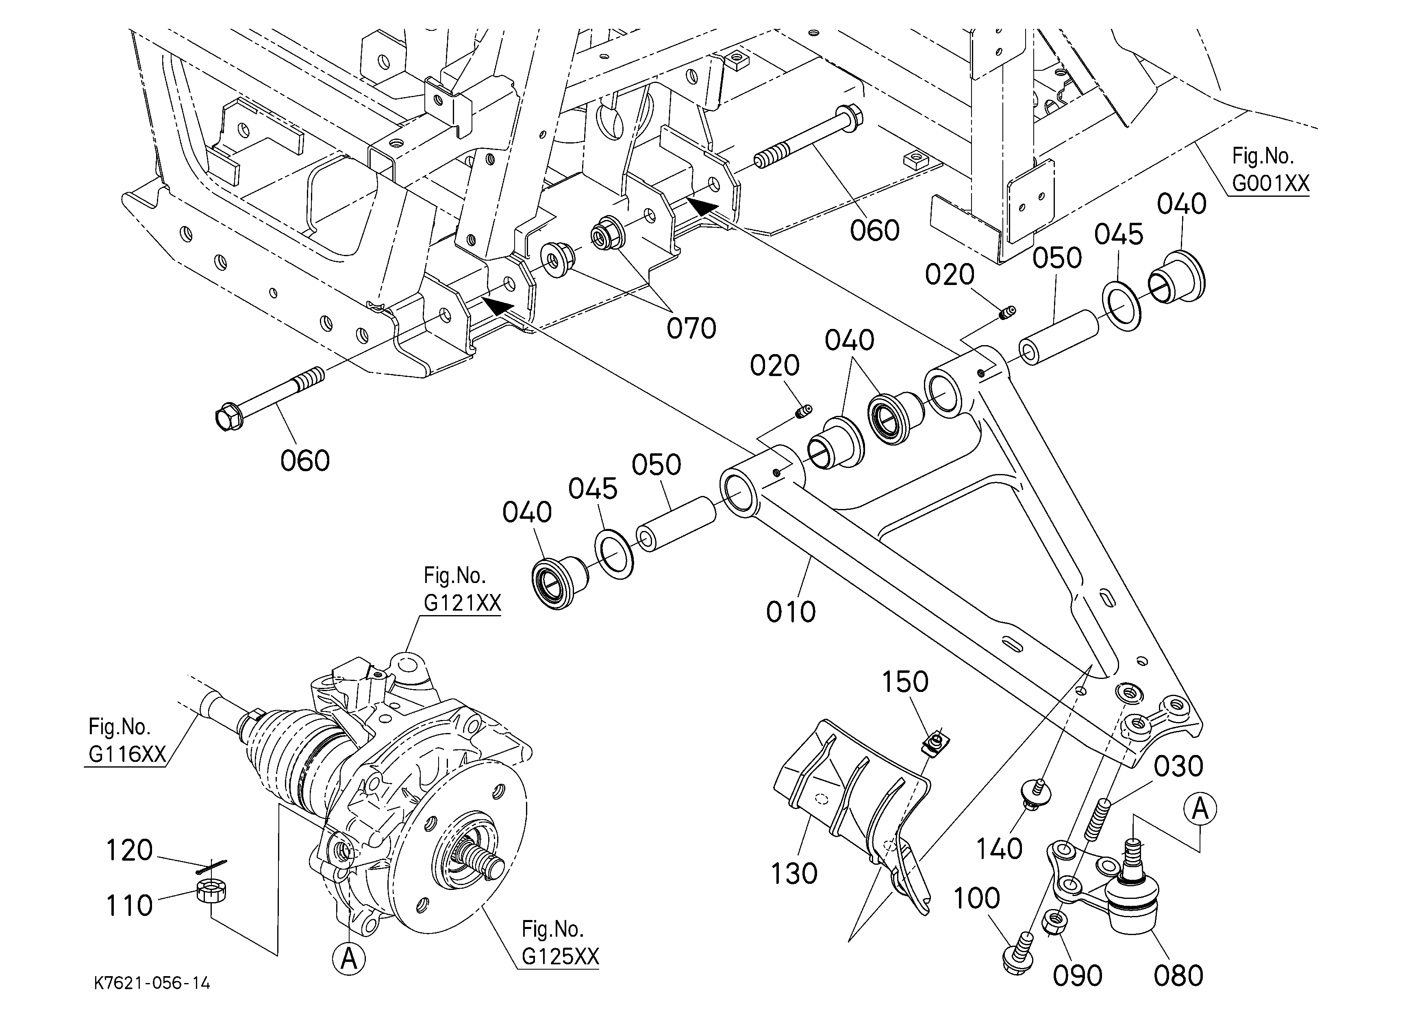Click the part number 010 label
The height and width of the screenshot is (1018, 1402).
click(x=791, y=612)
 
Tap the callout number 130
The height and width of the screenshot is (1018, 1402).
click(x=794, y=873)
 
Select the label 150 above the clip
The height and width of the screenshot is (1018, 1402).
click(x=904, y=682)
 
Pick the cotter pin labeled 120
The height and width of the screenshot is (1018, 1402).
click(x=211, y=867)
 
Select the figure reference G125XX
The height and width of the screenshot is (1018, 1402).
click(x=560, y=956)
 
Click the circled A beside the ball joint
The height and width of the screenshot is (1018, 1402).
click(x=1200, y=809)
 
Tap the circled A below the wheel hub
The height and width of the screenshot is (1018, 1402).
click(x=349, y=958)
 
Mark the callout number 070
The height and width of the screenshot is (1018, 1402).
click(x=691, y=328)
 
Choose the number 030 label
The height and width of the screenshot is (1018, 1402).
click(x=1178, y=766)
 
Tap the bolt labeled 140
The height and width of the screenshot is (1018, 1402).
click(x=1037, y=794)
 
